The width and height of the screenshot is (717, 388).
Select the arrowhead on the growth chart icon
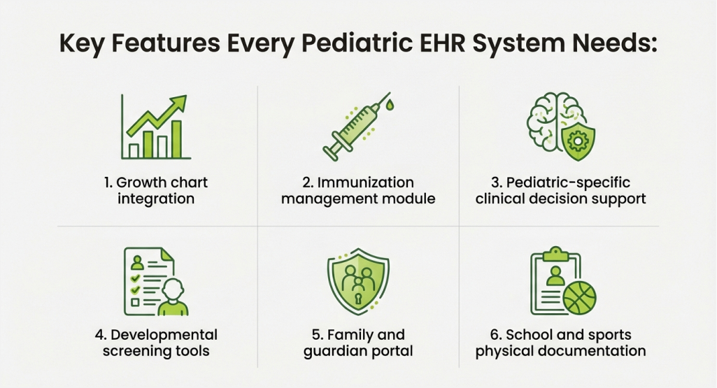(x=178, y=103)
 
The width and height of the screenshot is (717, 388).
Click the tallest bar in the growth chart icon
(x=176, y=139)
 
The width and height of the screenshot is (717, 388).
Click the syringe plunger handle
(x=331, y=152)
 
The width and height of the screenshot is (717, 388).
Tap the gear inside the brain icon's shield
(x=578, y=141)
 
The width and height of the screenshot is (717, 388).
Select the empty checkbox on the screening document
(x=135, y=302)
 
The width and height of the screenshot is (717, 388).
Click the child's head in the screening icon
(x=173, y=289)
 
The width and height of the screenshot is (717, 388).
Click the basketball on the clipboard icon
(x=579, y=298)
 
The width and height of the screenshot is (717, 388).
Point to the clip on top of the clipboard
(x=555, y=254)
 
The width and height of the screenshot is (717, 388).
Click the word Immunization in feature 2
(x=365, y=182)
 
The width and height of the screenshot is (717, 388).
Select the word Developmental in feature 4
(x=164, y=335)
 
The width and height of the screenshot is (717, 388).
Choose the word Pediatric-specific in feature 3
(x=569, y=182)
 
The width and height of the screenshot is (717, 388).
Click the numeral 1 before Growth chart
(x=107, y=182)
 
